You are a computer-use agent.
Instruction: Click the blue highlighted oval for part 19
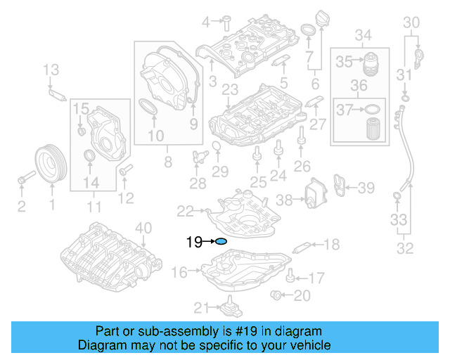point(221,242)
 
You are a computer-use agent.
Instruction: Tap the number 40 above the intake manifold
point(143,227)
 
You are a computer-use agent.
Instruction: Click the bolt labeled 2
point(24,179)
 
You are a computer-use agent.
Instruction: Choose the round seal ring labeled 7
point(308,31)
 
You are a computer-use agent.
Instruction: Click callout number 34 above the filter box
point(363,35)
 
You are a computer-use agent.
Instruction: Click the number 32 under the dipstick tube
point(406,247)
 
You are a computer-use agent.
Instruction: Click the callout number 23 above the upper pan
point(230,89)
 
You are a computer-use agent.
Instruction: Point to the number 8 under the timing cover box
point(167,162)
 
